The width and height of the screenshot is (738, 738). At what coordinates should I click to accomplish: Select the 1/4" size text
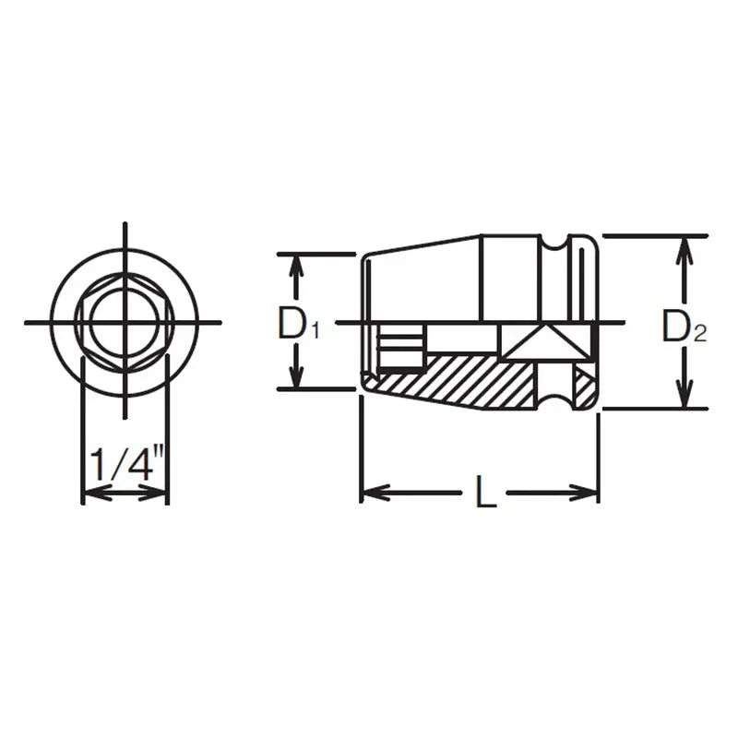click(x=125, y=462)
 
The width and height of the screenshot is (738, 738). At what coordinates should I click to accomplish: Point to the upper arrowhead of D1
click(x=296, y=262)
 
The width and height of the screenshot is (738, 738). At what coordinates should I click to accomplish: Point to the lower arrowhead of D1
click(x=296, y=380)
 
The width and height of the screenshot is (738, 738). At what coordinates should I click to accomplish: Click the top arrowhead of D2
click(x=683, y=244)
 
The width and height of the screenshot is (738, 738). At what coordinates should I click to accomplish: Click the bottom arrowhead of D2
click(x=683, y=399)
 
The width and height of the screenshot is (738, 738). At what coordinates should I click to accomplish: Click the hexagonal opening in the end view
click(x=125, y=322)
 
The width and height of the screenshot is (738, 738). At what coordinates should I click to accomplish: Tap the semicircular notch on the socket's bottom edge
click(x=555, y=402)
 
